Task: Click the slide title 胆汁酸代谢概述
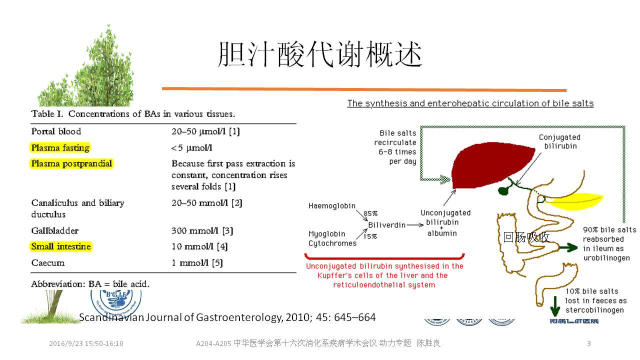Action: pyautogui.click(x=320, y=54)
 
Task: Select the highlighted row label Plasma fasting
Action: pyautogui.click(x=60, y=148)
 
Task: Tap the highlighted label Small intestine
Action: pyautogui.click(x=61, y=246)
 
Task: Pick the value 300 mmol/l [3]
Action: pyautogui.click(x=202, y=231)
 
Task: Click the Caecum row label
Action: pyautogui.click(x=48, y=263)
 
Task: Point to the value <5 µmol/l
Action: pyautogui.click(x=192, y=148)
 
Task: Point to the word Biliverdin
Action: pyautogui.click(x=386, y=225)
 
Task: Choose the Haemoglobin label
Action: pyautogui.click(x=331, y=206)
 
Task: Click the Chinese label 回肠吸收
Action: pyautogui.click(x=526, y=237)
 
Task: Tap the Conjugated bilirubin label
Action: pyautogui.click(x=559, y=141)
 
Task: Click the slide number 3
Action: pyautogui.click(x=588, y=343)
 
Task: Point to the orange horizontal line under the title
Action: pyautogui.click(x=364, y=89)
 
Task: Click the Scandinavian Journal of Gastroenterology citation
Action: pyautogui.click(x=227, y=317)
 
